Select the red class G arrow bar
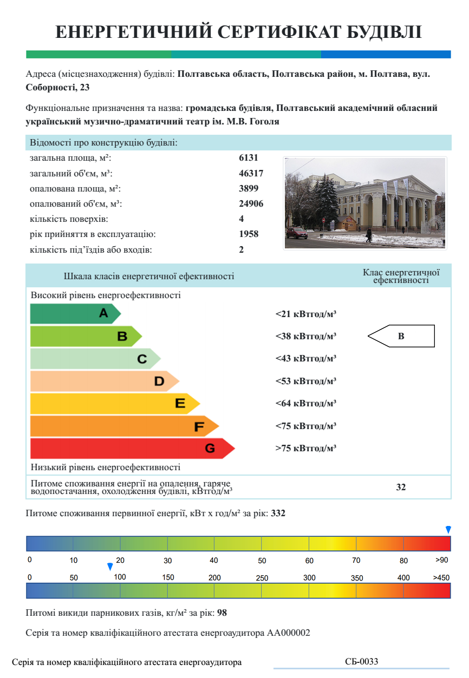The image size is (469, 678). click(x=130, y=449)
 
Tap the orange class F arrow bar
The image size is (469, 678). click(x=122, y=426)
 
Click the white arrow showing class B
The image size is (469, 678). click(x=401, y=336)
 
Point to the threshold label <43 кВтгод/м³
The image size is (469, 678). click(x=306, y=359)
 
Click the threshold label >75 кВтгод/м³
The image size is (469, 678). click(x=306, y=449)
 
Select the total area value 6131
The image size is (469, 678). click(x=249, y=158)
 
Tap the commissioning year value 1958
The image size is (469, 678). click(x=249, y=234)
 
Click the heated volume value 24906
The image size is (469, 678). click(x=251, y=204)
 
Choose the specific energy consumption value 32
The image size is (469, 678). click(x=401, y=487)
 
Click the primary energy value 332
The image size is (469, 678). click(x=278, y=513)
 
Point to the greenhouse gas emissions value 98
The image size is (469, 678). click(x=222, y=614)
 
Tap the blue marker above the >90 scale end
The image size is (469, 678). click(x=448, y=529)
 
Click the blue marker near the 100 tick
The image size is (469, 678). click(x=110, y=567)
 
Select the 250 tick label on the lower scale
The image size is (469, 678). click(x=262, y=578)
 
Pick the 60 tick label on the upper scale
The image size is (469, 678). click(x=309, y=561)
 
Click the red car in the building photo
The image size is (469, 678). click(x=296, y=233)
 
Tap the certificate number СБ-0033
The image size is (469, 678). click(x=362, y=662)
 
